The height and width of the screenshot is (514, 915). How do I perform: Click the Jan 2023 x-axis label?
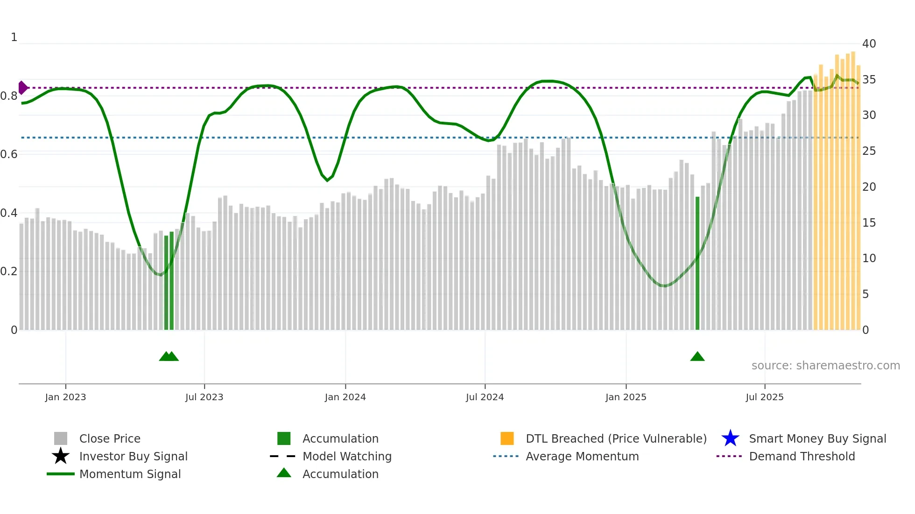65,397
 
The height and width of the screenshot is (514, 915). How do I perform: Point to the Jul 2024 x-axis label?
485,397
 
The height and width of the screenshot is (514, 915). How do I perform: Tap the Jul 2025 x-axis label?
764,397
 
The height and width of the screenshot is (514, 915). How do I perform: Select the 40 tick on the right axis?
869,44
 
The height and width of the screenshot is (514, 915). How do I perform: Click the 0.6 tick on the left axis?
9,154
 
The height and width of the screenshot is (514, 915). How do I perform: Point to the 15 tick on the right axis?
869,223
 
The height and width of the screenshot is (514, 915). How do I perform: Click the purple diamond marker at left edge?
22,88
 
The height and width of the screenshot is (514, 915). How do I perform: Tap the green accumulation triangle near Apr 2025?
697,357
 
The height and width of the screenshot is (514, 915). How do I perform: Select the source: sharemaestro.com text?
825,366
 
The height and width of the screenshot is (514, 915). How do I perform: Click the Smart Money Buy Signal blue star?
730,438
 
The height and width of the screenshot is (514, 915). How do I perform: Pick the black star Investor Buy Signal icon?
61,456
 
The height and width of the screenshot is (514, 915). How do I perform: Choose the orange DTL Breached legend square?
507,438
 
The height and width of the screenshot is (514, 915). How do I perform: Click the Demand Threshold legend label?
802,456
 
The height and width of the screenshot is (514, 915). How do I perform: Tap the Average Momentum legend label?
582,456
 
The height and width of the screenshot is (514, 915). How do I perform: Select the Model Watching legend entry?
346,456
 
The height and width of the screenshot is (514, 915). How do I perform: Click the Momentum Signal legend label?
130,474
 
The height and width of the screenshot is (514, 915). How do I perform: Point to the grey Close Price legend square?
61,438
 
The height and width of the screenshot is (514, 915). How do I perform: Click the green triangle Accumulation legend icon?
284,473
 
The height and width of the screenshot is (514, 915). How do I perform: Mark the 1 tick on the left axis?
14,37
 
